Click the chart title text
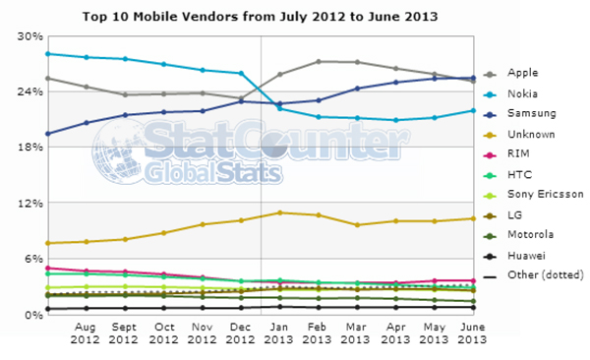(x=260, y=17)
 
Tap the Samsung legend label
(x=531, y=113)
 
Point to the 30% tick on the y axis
(x=30, y=36)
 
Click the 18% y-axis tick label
(x=30, y=147)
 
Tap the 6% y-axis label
(x=33, y=259)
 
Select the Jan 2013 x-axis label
(x=278, y=333)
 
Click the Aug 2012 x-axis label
(x=85, y=333)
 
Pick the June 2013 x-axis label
(x=472, y=333)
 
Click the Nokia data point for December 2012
(x=241, y=73)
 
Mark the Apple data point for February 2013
(x=319, y=61)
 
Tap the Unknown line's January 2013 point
(x=279, y=212)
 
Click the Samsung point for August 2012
(x=87, y=123)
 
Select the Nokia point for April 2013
(x=396, y=120)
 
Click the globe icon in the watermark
(x=120, y=151)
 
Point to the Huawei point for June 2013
(x=473, y=307)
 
